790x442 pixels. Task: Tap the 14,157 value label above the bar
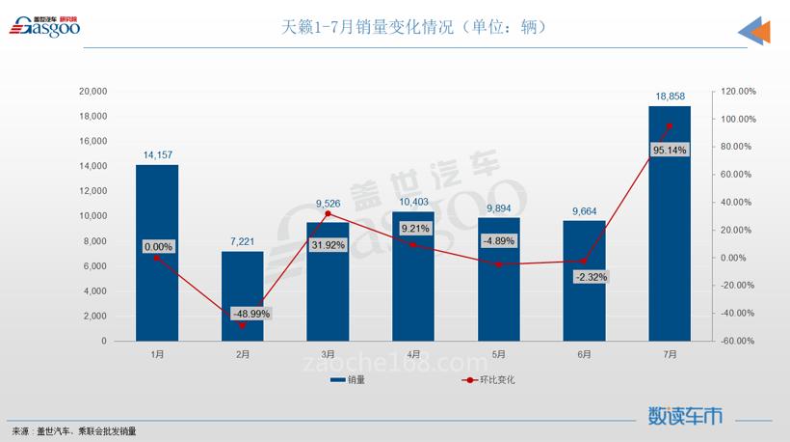pos(157,154)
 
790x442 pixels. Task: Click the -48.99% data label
pos(250,314)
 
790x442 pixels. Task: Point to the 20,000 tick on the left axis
pos(92,92)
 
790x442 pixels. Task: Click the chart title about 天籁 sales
pos(414,27)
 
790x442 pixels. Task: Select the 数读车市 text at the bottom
pos(685,416)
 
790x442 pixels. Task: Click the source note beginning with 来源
pos(73,431)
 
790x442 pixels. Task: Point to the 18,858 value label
pos(670,97)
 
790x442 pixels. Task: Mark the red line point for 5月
pos(498,263)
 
